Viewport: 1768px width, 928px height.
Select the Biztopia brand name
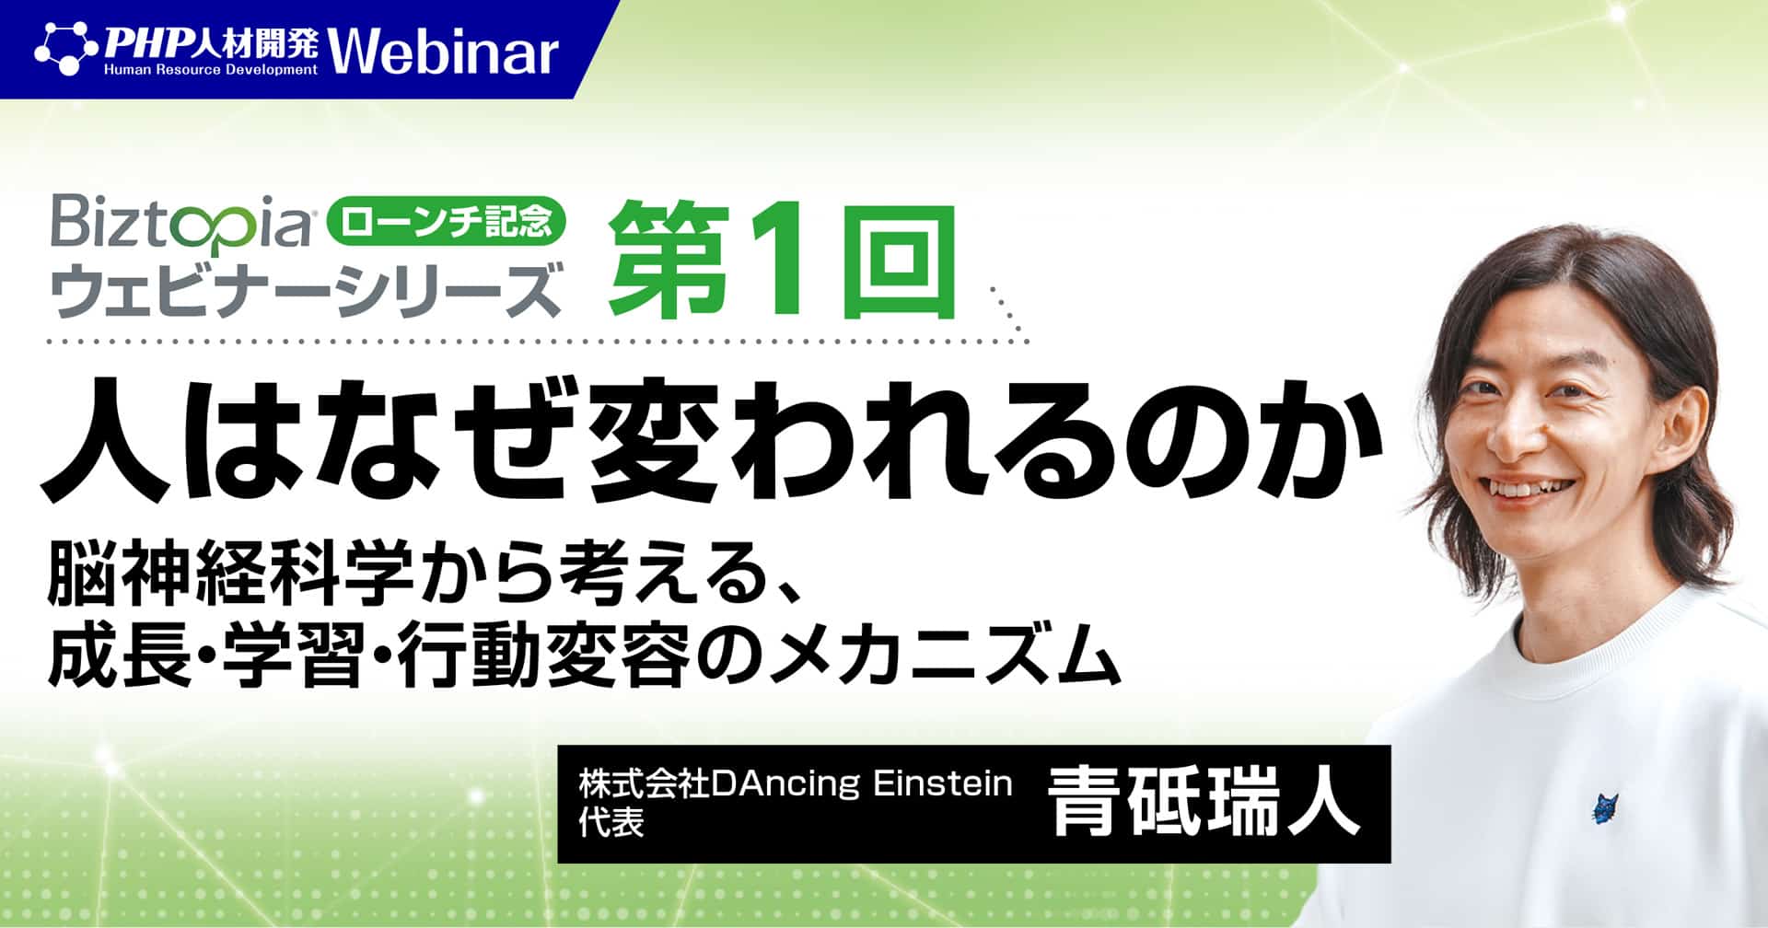click(x=181, y=224)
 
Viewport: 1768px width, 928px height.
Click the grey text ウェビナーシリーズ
click(x=305, y=288)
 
